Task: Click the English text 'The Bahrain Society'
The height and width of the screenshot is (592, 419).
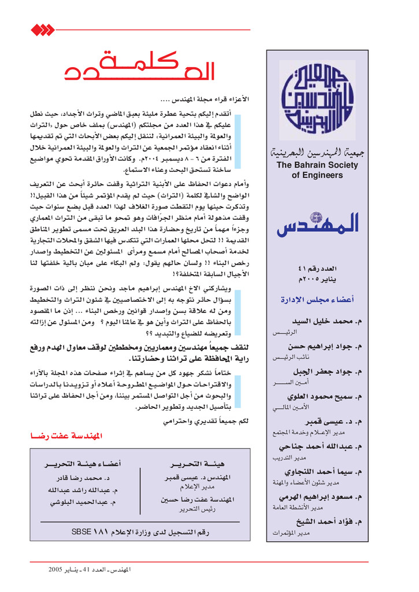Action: click(x=317, y=165)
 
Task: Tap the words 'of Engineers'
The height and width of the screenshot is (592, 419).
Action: click(x=317, y=175)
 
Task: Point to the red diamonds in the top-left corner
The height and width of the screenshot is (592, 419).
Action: click(x=41, y=29)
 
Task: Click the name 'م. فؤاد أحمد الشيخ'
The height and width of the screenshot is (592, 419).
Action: click(x=328, y=521)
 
